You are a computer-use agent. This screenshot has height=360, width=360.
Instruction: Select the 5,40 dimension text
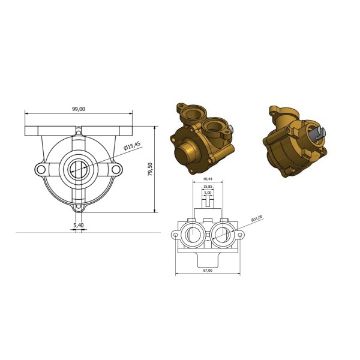click(x=78, y=227)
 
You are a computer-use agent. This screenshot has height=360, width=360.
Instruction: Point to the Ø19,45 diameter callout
click(x=130, y=149)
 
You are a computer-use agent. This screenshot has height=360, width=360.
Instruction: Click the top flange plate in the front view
click(x=78, y=124)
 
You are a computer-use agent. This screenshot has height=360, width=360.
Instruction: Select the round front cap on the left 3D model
click(x=190, y=150)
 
